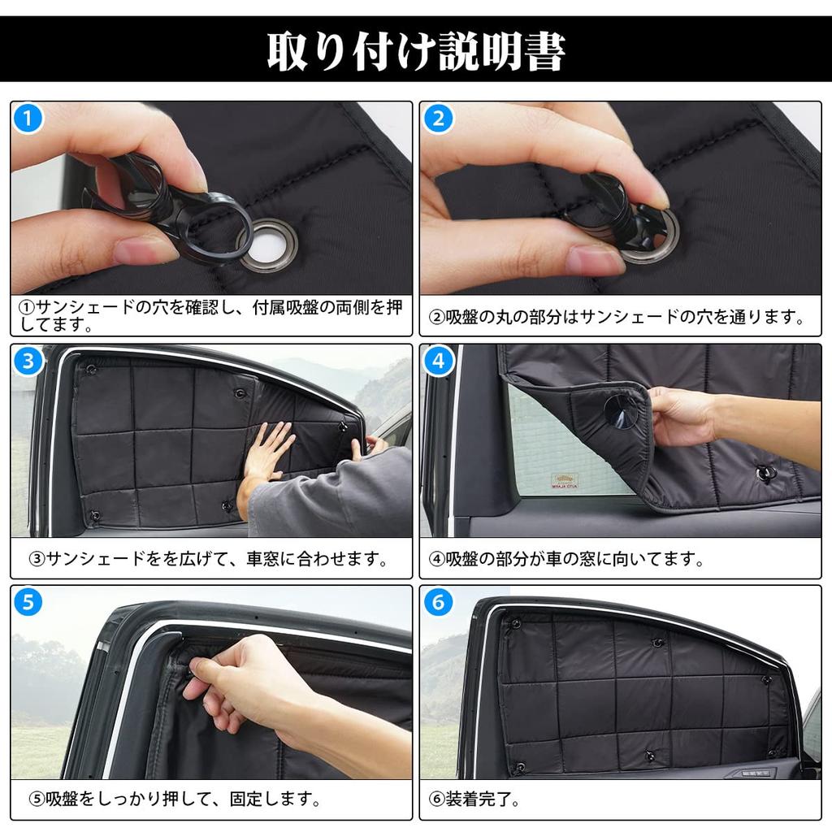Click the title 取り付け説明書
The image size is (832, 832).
coord(416,50)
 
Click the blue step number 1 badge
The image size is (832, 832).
coord(28,119)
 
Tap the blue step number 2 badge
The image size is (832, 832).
coord(439,119)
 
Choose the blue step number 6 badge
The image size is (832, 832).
coord(439,603)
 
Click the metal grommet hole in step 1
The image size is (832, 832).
coord(267,245)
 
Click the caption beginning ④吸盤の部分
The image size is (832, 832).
coord(565,559)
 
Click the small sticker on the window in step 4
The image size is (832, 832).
coord(564,481)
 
